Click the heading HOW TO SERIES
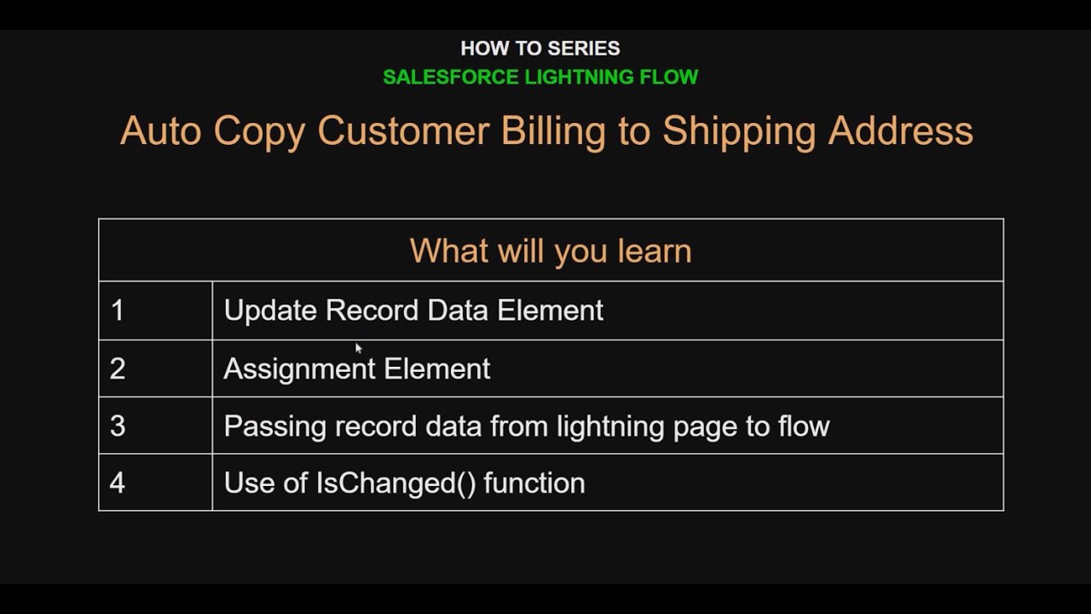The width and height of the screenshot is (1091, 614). (540, 49)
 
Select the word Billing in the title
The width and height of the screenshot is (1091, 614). (553, 131)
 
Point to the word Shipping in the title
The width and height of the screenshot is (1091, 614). (737, 131)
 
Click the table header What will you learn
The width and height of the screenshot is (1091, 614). (551, 251)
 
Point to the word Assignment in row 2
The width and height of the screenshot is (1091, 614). (298, 368)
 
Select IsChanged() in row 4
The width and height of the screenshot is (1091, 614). (395, 483)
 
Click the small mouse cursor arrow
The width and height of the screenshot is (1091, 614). (359, 348)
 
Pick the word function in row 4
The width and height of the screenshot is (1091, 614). (534, 483)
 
